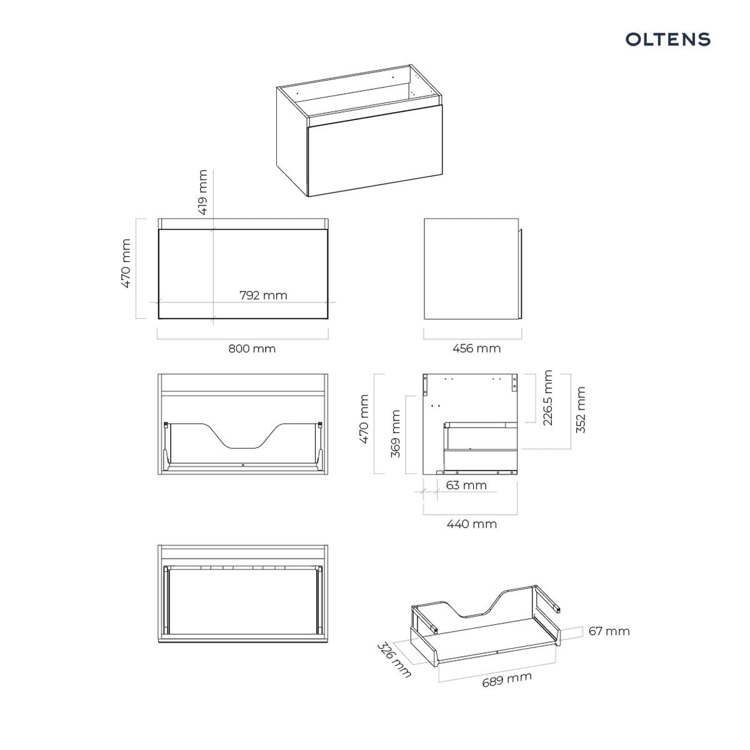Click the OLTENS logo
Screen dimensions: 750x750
click(667, 39)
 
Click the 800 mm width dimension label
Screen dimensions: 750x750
click(252, 348)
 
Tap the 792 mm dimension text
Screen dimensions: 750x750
click(264, 296)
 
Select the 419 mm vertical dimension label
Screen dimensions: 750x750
click(203, 192)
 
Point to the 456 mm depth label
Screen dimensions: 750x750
click(476, 348)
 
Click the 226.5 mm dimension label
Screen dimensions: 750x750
click(547, 397)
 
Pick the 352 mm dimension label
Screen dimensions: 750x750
click(580, 410)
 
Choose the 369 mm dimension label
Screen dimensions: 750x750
click(395, 434)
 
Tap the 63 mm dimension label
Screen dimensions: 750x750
click(466, 486)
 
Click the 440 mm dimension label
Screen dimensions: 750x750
click(472, 524)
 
